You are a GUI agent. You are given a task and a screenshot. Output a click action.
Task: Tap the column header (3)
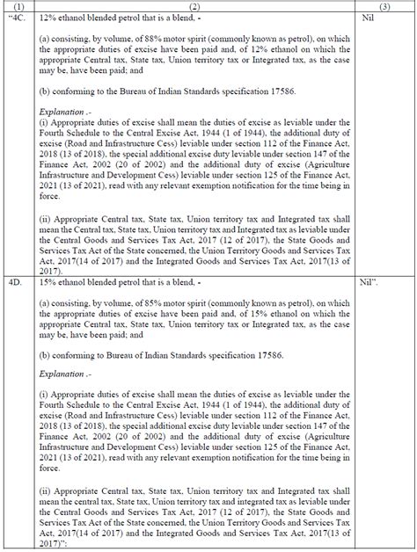[384, 5]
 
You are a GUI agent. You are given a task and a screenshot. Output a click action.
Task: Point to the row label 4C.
[19, 18]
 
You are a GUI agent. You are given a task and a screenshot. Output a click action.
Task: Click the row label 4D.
[16, 284]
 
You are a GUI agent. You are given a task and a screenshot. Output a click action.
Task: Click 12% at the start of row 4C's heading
[48, 18]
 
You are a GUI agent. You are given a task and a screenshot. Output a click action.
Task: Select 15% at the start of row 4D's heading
[48, 284]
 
